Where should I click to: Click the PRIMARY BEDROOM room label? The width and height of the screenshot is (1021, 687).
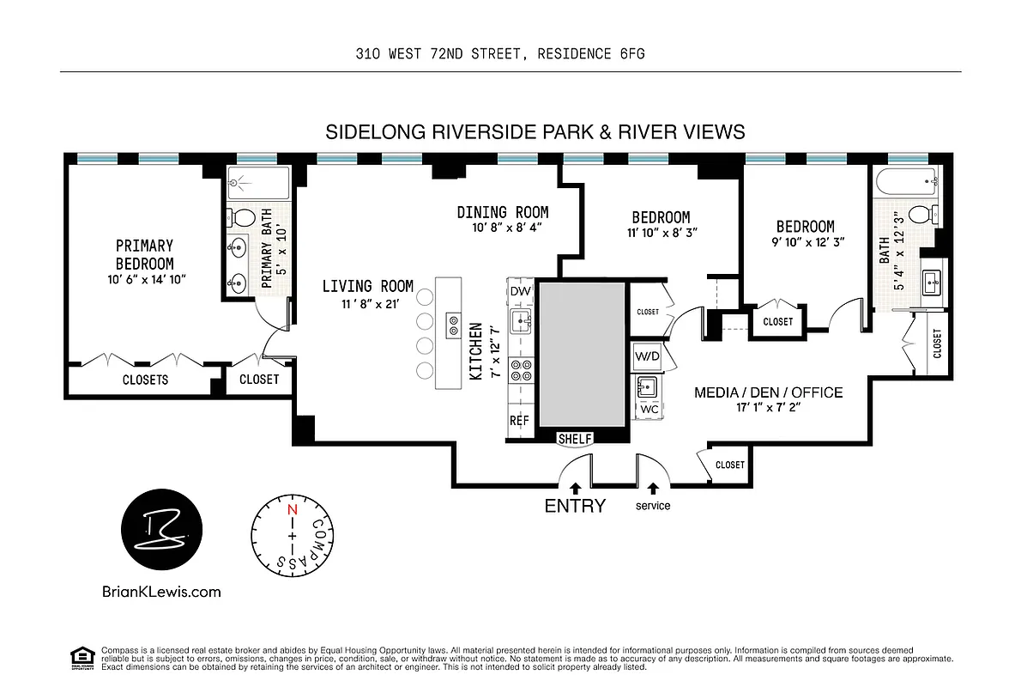point(144,255)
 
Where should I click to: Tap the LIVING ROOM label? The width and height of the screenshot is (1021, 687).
point(367,287)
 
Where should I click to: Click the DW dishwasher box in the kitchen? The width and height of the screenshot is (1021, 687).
point(520,292)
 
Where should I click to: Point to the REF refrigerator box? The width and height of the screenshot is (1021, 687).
point(519,422)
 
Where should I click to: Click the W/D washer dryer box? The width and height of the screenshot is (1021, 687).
point(647,356)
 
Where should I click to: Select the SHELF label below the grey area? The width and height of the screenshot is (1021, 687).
point(574,439)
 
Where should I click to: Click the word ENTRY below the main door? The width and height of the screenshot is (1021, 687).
point(575,506)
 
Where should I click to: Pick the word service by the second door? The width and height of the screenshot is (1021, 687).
point(653,506)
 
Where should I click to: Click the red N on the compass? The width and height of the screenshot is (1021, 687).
point(292,509)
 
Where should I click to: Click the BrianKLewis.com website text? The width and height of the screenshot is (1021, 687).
point(161,591)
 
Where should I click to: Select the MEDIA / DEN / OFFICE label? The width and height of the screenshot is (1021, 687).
point(768,393)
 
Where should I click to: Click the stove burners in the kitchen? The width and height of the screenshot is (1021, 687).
point(520,370)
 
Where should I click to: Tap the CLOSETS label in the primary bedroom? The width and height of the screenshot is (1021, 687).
point(145,379)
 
